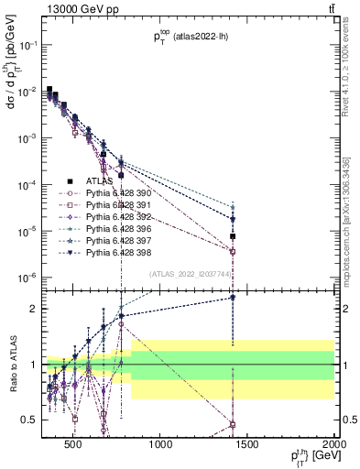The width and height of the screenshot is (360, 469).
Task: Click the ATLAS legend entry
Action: click(98, 180)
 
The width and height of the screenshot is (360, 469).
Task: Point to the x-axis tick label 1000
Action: click(161, 447)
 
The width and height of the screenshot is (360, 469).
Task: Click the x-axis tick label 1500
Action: click(248, 447)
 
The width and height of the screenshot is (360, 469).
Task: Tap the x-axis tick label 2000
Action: click(333, 447)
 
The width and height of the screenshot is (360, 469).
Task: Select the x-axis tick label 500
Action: click(74, 447)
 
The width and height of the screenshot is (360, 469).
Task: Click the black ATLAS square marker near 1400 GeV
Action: click(233, 236)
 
